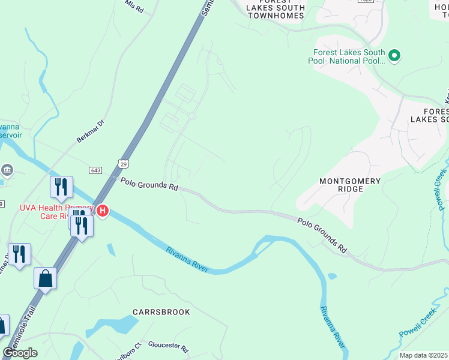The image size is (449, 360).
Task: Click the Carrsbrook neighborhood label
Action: click(x=161, y=312)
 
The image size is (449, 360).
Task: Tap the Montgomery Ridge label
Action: click(x=350, y=185)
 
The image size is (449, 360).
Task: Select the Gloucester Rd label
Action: click(x=169, y=349)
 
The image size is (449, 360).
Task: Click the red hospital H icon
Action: click(x=103, y=211)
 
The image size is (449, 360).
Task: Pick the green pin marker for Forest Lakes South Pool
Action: click(x=394, y=56)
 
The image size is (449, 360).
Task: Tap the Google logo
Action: click(x=20, y=353)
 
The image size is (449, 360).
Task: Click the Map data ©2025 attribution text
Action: click(x=424, y=355)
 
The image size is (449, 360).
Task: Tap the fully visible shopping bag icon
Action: click(x=45, y=278)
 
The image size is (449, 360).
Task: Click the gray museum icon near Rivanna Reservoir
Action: click(x=7, y=170)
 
